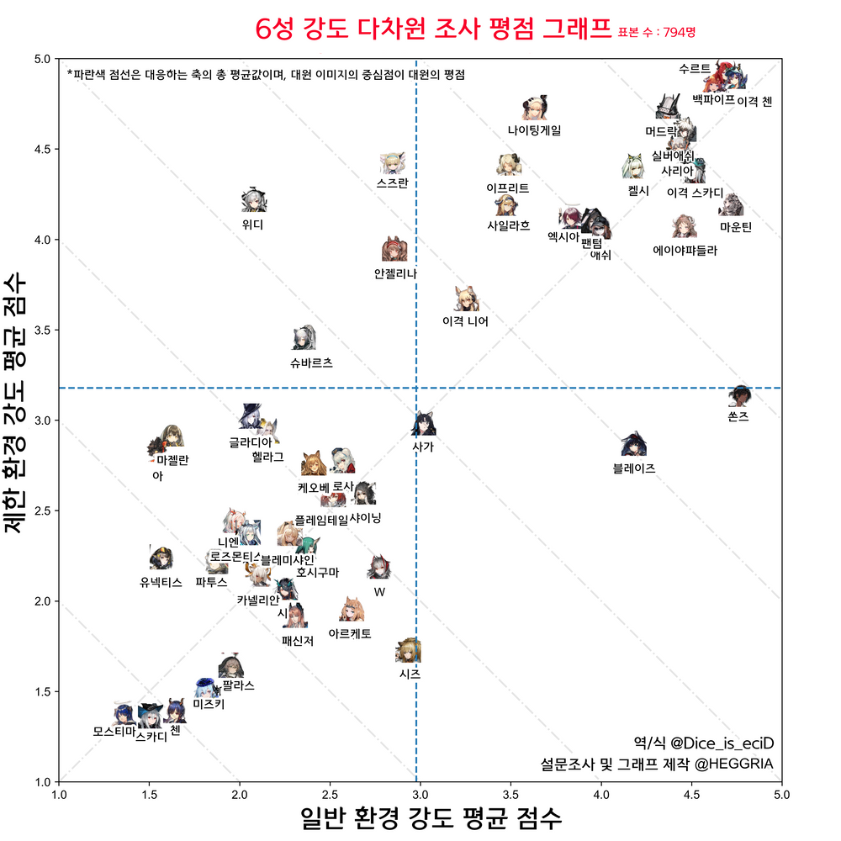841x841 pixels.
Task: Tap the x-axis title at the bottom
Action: (431, 817)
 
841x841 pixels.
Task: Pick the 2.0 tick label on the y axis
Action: (41, 601)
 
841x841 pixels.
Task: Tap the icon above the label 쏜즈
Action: (741, 394)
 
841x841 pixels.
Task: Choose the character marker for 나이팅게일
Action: (535, 108)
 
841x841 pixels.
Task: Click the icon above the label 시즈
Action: (409, 650)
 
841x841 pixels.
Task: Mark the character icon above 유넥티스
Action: (161, 557)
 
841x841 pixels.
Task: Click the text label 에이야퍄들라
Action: (685, 250)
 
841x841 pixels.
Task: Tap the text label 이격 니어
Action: (465, 320)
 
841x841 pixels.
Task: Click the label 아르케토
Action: (350, 633)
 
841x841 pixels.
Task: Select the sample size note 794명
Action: (679, 33)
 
